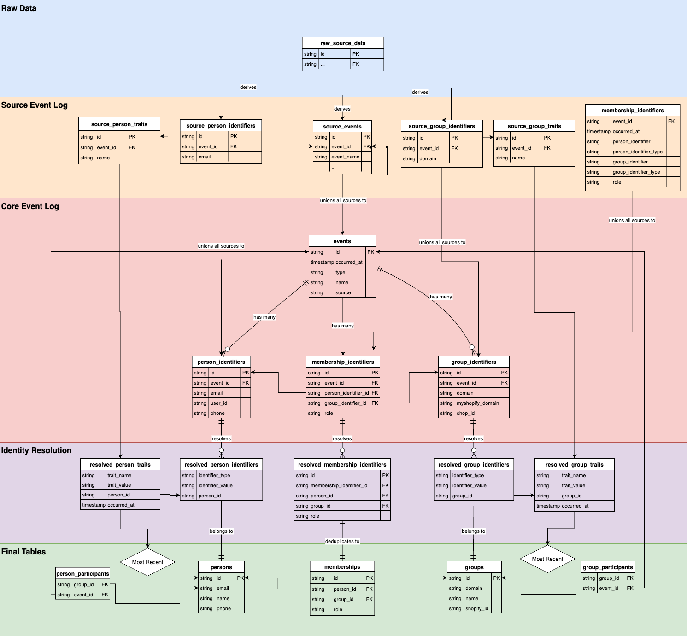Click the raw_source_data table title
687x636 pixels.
coord(343,43)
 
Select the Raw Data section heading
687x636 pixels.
coord(19,8)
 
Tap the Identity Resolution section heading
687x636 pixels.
coord(36,450)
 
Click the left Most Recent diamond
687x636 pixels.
coord(148,562)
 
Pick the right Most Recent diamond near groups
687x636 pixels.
coord(547,559)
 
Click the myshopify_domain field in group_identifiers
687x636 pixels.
coord(478,403)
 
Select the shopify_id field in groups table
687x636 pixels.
coord(477,608)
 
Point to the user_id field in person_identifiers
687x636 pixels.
coord(219,403)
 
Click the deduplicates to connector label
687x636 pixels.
coord(342,541)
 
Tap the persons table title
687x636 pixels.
coord(221,567)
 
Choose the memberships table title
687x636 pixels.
coord(342,567)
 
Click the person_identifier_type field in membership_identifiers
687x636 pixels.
coord(638,152)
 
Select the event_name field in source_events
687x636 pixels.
coord(346,157)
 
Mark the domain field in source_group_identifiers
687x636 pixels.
coord(428,158)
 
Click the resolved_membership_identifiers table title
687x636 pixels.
coord(342,465)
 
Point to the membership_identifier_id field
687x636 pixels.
coord(339,485)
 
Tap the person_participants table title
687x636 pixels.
coord(82,574)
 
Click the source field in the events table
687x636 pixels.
coord(343,292)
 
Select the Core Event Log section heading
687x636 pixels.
coord(30,206)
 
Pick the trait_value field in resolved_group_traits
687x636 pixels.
coord(574,485)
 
